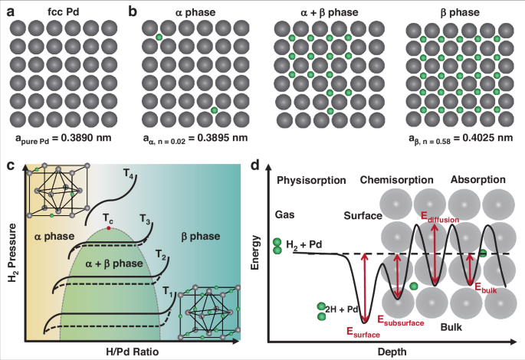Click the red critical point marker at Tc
tap(110, 228)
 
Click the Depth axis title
tap(392, 352)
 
